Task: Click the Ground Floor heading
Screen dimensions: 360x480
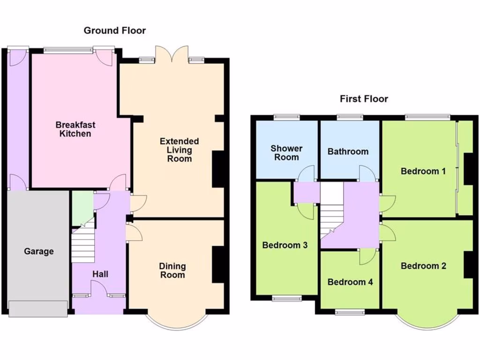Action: point(114,31)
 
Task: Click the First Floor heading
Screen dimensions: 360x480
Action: point(364,99)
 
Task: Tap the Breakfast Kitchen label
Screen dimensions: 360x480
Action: point(75,129)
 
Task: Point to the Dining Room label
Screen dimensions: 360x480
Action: point(172,270)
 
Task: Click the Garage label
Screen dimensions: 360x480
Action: point(39,251)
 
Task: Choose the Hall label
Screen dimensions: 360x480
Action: point(100,274)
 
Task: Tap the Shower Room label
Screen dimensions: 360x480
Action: point(286,153)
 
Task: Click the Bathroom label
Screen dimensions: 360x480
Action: point(348,151)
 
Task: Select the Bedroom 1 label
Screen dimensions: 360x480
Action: point(423,171)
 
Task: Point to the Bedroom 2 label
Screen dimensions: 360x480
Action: point(423,266)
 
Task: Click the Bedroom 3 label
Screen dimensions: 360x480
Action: point(285,245)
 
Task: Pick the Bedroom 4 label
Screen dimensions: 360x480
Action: point(350,282)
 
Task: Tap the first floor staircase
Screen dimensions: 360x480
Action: point(331,211)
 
